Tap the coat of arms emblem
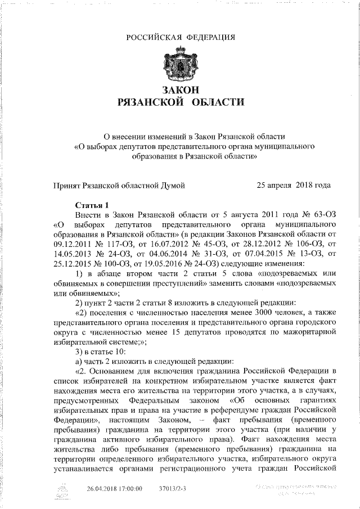click(x=180, y=66)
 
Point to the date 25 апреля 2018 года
click(x=294, y=185)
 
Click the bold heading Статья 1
click(x=90, y=205)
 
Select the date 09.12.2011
click(x=71, y=244)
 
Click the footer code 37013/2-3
click(x=173, y=489)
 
